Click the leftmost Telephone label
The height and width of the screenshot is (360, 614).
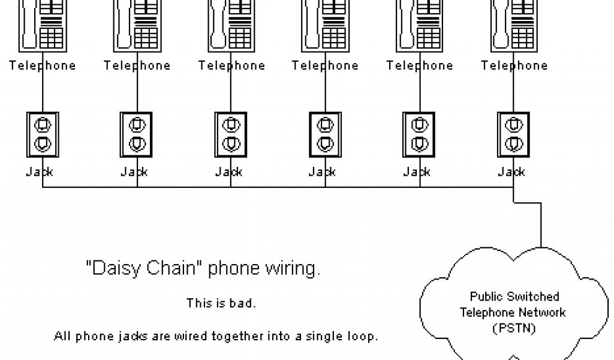42,65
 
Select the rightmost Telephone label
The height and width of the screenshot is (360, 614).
514,65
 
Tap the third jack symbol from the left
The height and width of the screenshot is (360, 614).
231,134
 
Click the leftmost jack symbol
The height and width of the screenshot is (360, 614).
42,134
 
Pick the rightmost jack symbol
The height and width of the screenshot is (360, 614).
513,134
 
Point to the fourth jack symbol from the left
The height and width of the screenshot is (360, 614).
325,134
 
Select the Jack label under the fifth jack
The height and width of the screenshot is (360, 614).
417,172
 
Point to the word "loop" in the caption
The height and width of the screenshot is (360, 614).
363,336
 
